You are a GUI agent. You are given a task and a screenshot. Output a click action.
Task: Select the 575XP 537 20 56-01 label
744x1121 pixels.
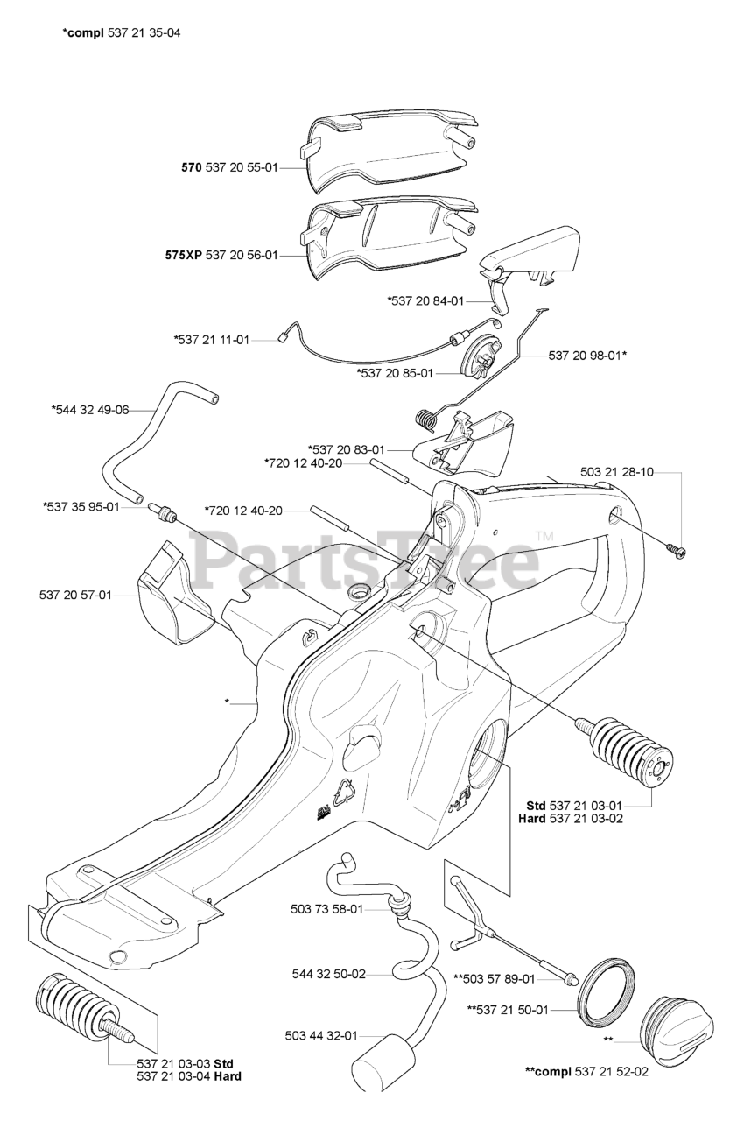tap(221, 255)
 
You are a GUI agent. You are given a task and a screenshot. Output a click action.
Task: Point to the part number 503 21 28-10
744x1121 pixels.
tap(616, 472)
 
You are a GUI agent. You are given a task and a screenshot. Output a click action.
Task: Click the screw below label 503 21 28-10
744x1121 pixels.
tap(677, 550)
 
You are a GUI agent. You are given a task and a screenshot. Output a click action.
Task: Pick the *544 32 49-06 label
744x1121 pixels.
tap(90, 409)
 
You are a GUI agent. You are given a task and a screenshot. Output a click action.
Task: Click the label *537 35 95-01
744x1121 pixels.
tap(81, 506)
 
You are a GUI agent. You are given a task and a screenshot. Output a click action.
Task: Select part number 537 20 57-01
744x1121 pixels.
tap(75, 596)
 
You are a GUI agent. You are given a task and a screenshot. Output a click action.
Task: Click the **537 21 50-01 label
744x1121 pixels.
tap(508, 1010)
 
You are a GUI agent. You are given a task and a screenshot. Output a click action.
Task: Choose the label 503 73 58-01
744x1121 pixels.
tap(326, 909)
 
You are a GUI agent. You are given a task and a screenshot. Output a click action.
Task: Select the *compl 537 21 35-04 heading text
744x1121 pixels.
tap(122, 33)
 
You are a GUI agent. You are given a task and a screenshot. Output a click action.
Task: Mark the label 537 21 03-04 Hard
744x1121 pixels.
tap(189, 1076)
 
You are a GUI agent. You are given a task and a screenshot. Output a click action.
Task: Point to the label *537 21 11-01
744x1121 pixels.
tap(212, 339)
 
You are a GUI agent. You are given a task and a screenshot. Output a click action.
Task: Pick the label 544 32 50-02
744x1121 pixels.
tap(328, 973)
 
